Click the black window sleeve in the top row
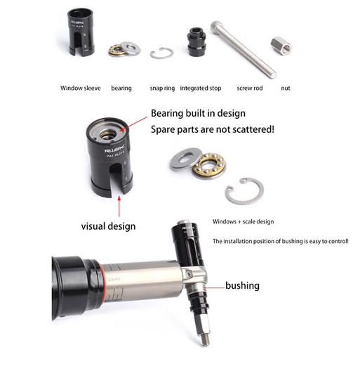click(80, 34)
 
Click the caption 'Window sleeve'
click(80, 89)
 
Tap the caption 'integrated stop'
click(202, 89)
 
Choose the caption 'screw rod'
click(250, 89)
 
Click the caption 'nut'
click(286, 89)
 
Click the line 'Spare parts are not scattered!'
click(208, 129)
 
